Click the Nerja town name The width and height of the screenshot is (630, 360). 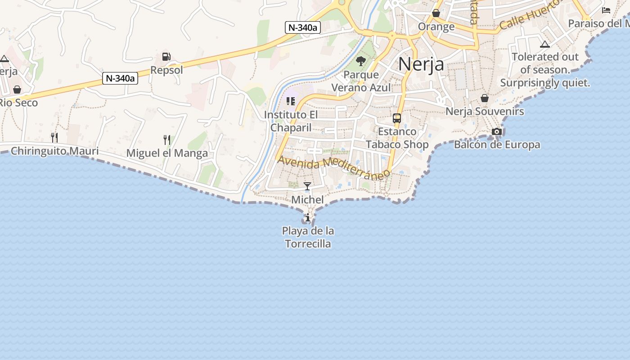421,64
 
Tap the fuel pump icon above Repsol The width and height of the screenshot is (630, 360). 166,57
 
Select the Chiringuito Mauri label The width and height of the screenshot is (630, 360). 54,151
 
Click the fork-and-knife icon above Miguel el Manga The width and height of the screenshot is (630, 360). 167,140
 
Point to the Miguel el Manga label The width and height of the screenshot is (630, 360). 167,153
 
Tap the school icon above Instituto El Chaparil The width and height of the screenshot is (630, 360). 291,101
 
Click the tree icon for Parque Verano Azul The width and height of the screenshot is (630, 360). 360,61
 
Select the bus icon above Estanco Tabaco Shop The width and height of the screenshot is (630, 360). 397,118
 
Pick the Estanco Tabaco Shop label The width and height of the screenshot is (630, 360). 397,138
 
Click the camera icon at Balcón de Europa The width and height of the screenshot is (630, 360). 497,131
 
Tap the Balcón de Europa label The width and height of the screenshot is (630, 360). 497,144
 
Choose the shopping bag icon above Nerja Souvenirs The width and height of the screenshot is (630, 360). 485,98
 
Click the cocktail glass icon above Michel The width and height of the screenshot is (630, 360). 307,186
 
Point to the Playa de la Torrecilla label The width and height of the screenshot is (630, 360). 308,237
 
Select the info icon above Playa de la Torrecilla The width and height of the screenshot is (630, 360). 308,218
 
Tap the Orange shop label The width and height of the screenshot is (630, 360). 436,27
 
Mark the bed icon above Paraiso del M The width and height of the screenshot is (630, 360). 607,10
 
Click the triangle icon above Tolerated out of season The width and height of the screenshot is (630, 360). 545,44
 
